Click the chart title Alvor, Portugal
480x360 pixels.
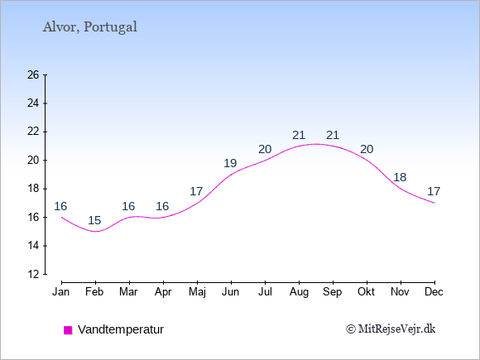pyautogui.click(x=89, y=27)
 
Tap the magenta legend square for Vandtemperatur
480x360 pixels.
pyautogui.click(x=68, y=330)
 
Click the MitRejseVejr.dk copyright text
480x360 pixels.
pyautogui.click(x=391, y=329)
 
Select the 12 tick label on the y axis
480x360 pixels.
pyautogui.click(x=33, y=274)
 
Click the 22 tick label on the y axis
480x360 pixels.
pyautogui.click(x=33, y=132)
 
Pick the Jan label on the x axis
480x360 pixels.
pyautogui.click(x=60, y=292)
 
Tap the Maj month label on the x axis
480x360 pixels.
pyautogui.click(x=197, y=292)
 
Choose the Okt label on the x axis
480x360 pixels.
pyautogui.click(x=366, y=292)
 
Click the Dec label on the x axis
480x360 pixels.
pyautogui.click(x=434, y=292)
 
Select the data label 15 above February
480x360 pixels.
pyautogui.click(x=94, y=220)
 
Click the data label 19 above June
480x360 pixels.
pyautogui.click(x=230, y=163)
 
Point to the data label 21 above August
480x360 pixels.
pyautogui.click(x=299, y=135)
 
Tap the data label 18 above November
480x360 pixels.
pyautogui.click(x=400, y=177)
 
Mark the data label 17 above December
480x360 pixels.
pyautogui.click(x=434, y=191)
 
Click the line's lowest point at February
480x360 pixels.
pyautogui.click(x=95, y=232)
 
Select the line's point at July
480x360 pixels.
pyautogui.click(x=265, y=160)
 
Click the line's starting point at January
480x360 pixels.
pyautogui.click(x=62, y=217)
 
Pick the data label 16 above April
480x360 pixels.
pyautogui.click(x=162, y=206)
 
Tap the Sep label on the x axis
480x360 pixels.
pyautogui.click(x=332, y=292)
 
